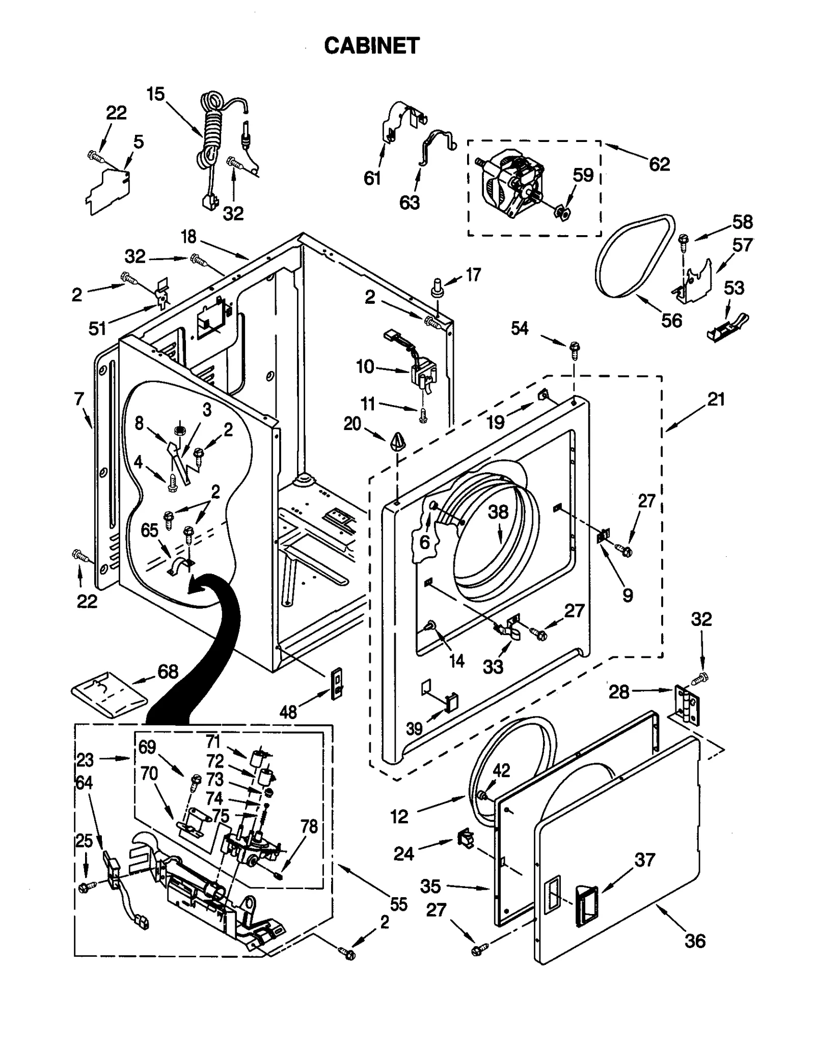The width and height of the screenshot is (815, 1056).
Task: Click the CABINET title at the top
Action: point(371,46)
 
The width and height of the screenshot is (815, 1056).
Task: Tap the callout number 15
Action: point(156,94)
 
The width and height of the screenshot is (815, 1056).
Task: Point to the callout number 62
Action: point(659,164)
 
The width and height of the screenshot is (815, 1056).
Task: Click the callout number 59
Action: point(583,175)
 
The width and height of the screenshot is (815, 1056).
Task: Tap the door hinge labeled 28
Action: point(688,704)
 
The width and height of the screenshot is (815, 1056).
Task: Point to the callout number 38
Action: point(498,511)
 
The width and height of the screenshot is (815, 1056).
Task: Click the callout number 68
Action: point(168,671)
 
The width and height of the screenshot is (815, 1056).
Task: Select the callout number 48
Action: point(288,712)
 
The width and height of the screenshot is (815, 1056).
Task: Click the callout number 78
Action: point(309,826)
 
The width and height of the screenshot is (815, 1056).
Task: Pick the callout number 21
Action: point(716,399)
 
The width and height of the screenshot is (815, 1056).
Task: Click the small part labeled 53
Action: point(728,327)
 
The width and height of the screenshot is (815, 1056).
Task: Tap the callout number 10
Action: point(365,366)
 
